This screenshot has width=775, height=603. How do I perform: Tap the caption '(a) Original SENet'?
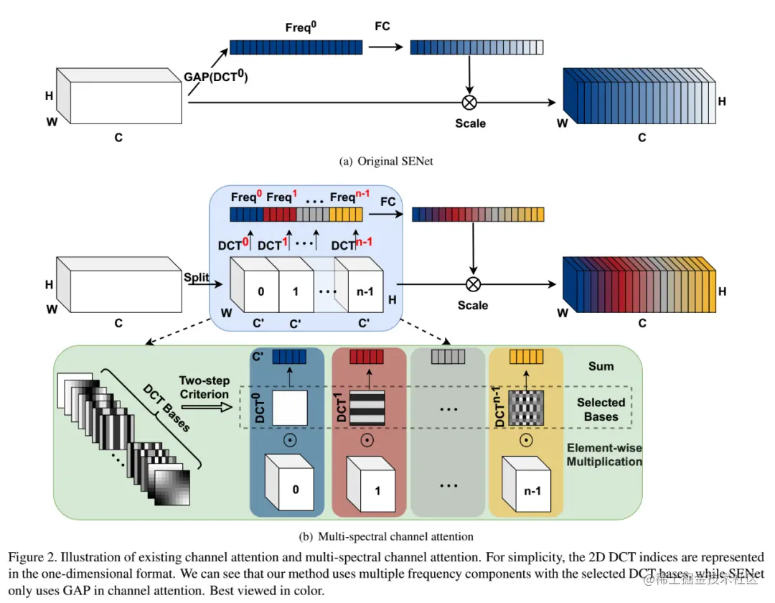click(x=385, y=162)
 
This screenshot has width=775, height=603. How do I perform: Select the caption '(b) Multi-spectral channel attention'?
click(x=386, y=536)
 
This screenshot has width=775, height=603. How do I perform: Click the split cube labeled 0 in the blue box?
click(x=260, y=292)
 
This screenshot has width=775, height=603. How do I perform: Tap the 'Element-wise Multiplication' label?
click(x=604, y=455)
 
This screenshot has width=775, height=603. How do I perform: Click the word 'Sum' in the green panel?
click(x=601, y=366)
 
